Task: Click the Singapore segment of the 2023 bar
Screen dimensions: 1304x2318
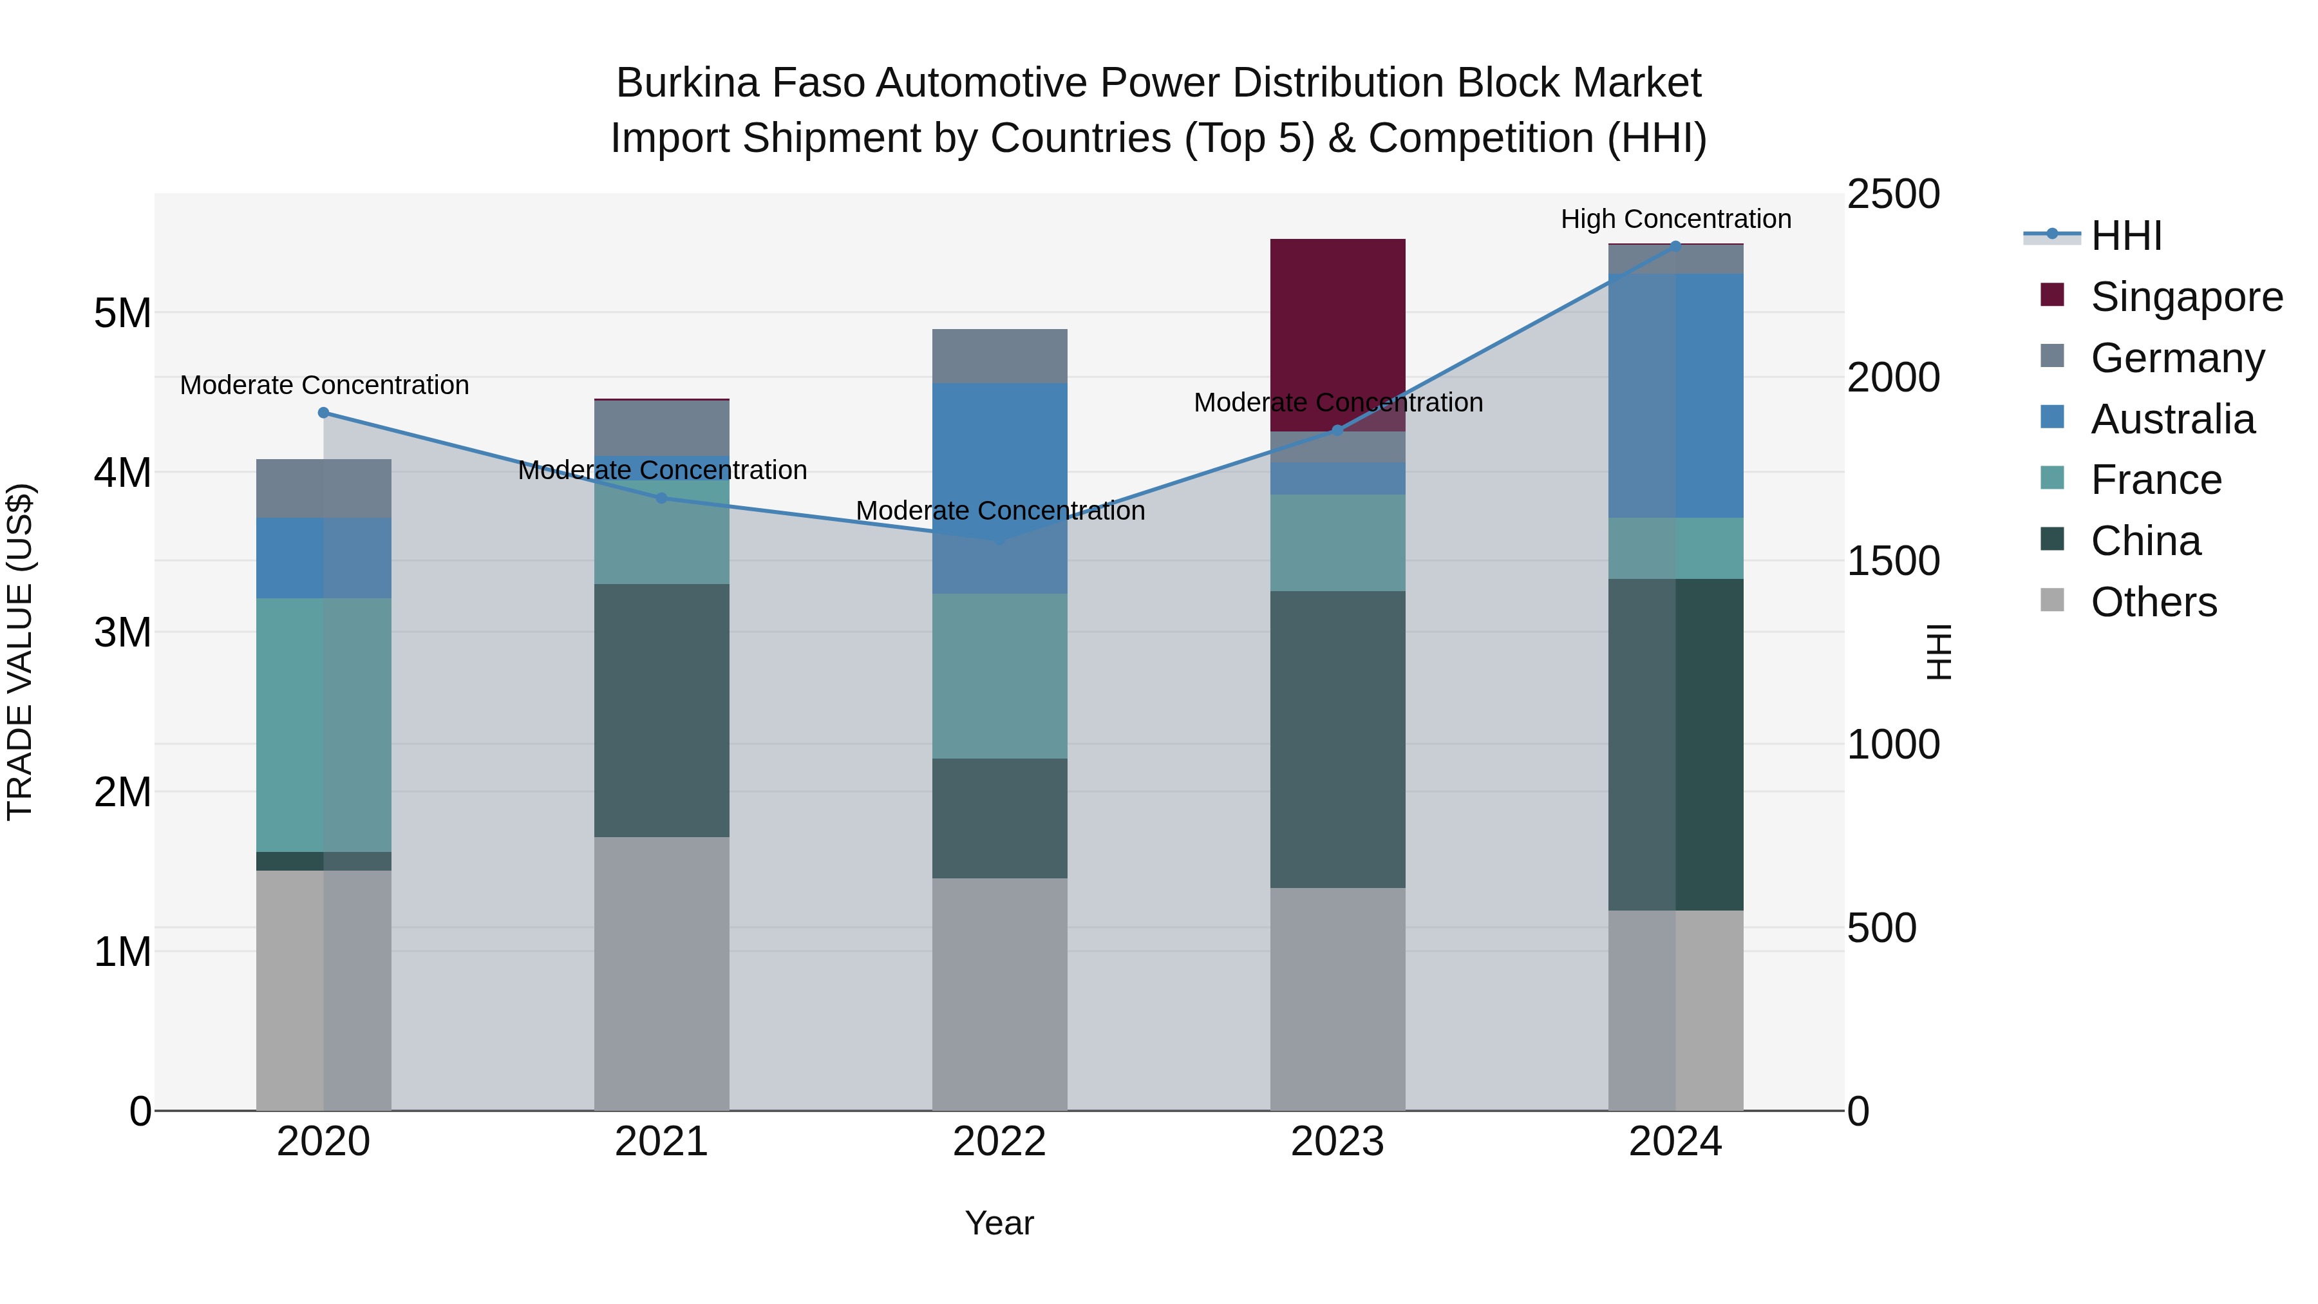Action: pos(1337,335)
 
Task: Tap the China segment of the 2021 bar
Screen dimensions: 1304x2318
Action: pos(661,710)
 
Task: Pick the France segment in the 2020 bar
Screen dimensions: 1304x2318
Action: pos(323,724)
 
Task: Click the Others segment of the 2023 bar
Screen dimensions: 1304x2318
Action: pos(1337,999)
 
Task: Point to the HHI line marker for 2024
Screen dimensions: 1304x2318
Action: pos(1675,246)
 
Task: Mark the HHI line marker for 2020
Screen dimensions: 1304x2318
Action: pos(324,413)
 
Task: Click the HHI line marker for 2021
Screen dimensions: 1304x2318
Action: pos(661,498)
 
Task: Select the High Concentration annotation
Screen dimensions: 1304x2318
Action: pos(1675,219)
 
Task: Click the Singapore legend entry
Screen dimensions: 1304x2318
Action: pos(2186,297)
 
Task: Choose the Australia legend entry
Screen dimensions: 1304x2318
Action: pos(2172,419)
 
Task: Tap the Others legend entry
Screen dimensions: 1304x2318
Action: pos(2153,602)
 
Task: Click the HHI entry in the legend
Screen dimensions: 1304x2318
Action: pos(2125,236)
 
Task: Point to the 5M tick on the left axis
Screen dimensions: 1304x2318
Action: pos(122,313)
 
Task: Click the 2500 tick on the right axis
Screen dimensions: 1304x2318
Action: pos(1893,194)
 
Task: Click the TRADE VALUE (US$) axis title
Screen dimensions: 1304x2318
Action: pos(20,652)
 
